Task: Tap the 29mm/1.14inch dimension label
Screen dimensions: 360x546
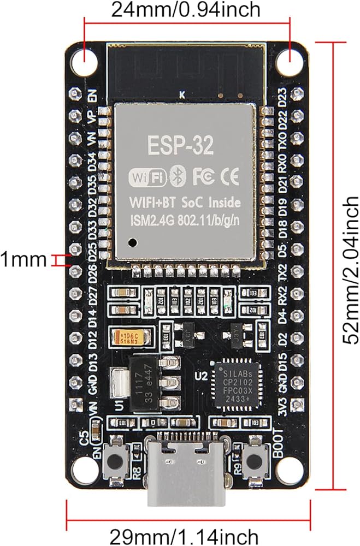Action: pyautogui.click(x=184, y=536)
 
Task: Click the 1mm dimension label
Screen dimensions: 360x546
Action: pyautogui.click(x=23, y=259)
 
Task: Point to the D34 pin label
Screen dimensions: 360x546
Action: pyautogui.click(x=93, y=162)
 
